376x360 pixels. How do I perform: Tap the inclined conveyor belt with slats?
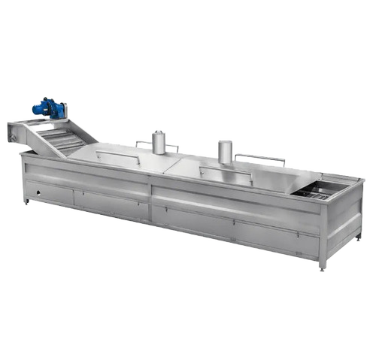tap(65, 139)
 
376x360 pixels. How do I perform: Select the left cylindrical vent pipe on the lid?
tap(158, 142)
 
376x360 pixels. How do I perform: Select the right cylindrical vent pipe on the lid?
tap(225, 152)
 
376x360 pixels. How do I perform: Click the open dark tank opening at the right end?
tap(315, 192)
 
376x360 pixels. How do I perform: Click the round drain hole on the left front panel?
tap(31, 193)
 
